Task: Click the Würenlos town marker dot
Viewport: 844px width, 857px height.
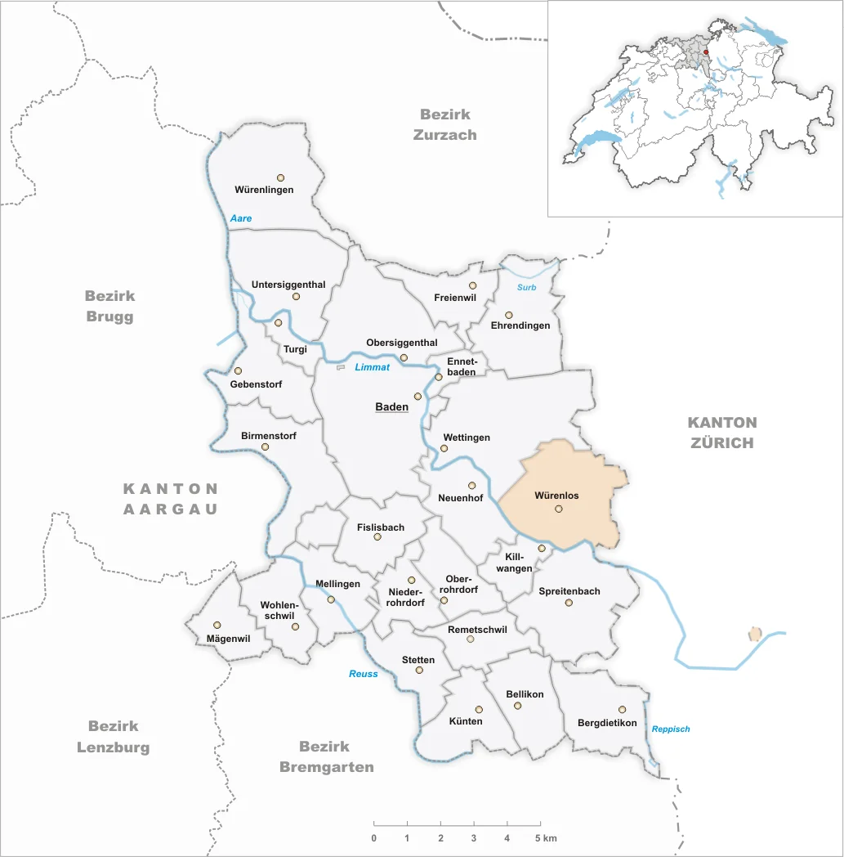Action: (x=559, y=509)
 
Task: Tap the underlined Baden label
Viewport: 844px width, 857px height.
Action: (x=391, y=406)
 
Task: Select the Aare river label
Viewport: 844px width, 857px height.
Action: (x=241, y=218)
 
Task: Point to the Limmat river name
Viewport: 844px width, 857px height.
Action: (x=372, y=367)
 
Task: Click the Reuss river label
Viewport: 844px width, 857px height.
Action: (x=364, y=674)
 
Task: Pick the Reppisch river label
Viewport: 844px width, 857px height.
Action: (x=671, y=729)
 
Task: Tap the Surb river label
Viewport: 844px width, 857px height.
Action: (x=526, y=287)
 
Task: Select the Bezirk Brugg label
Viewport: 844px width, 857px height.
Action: (x=109, y=306)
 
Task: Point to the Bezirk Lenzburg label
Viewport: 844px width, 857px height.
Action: (x=114, y=736)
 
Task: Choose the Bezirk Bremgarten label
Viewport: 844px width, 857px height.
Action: (x=327, y=756)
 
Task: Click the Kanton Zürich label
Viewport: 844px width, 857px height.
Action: (x=721, y=433)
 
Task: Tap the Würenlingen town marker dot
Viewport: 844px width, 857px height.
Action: (x=280, y=177)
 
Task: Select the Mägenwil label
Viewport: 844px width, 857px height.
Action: (x=217, y=639)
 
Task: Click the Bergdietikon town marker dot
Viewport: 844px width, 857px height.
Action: (x=622, y=710)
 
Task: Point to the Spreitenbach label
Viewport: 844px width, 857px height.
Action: (x=569, y=591)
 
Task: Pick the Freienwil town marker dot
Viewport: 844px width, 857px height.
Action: (x=472, y=285)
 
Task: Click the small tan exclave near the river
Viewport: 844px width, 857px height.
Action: (x=755, y=634)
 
